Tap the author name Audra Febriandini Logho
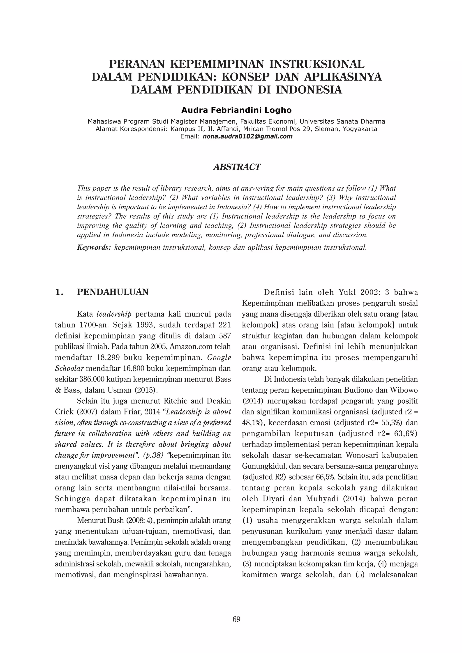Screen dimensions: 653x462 click(236, 110)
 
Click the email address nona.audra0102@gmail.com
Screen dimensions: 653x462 click(247, 136)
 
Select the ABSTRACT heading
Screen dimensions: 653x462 click(237, 167)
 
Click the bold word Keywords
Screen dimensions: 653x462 click(94, 247)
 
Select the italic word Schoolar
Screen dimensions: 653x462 click(69, 368)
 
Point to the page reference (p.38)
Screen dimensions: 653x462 click(154, 455)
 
